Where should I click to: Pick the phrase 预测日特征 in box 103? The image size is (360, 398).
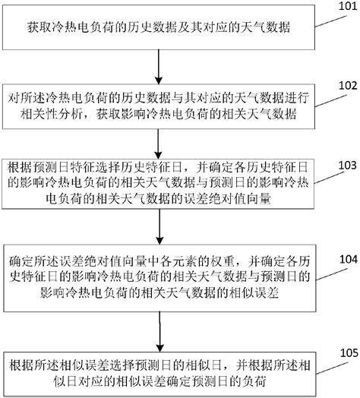pyautogui.click(x=62, y=169)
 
